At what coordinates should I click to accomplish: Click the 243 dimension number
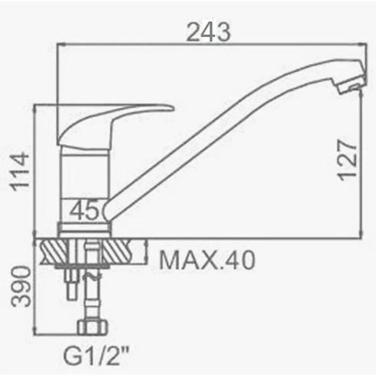(208, 32)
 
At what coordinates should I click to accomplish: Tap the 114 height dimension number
(20, 171)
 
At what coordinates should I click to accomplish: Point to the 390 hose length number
(21, 286)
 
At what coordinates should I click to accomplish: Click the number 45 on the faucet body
(85, 210)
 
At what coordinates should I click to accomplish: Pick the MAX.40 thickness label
(207, 260)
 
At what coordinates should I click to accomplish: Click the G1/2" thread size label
(96, 355)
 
